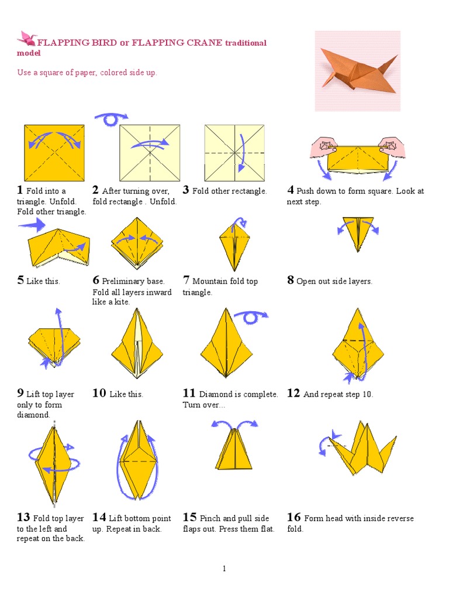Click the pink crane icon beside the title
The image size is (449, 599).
click(x=27, y=38)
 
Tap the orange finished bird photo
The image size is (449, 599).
click(x=358, y=71)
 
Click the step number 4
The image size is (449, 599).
click(x=291, y=190)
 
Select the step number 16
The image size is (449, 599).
click(x=294, y=517)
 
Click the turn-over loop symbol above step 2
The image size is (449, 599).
click(x=111, y=119)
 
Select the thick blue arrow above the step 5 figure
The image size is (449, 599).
click(x=32, y=225)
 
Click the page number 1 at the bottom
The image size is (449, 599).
click(x=224, y=569)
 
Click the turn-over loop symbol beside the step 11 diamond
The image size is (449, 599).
click(x=251, y=316)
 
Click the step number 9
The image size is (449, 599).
click(x=20, y=393)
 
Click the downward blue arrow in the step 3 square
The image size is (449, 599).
click(x=241, y=153)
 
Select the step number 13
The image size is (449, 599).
click(x=23, y=517)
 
